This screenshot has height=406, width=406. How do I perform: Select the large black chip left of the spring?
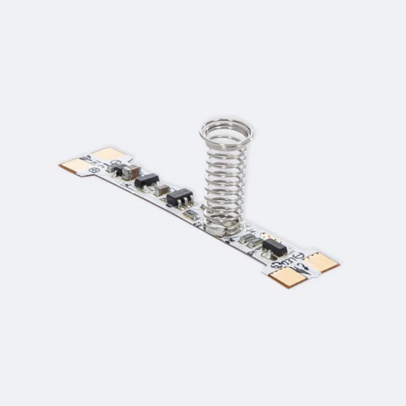pos(179,197)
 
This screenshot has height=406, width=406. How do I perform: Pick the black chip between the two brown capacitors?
pos(146,180)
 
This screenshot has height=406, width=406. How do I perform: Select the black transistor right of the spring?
pos(275,247)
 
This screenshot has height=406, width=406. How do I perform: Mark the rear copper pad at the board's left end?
pos(107,154)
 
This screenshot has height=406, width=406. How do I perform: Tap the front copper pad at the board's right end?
pos(287,276)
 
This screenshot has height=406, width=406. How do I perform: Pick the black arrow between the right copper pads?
pos(302,267)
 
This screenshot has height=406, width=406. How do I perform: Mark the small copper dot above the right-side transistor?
pos(267,236)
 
